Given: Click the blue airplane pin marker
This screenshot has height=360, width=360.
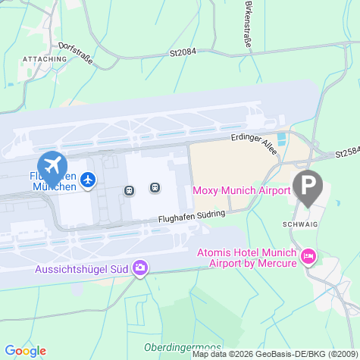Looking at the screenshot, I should point(52,164).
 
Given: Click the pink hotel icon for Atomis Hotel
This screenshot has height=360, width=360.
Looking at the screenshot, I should point(308,257).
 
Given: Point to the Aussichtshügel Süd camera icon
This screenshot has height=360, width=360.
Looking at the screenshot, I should point(140,268).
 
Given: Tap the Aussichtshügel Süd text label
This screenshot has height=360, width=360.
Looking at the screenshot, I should point(82,269).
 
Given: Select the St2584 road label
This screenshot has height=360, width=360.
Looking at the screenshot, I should point(346,153).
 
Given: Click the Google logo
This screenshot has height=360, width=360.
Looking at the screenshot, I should point(25,350).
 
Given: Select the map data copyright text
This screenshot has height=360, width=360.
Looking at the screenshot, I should point(274,354).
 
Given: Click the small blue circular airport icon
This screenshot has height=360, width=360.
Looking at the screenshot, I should point(89,180).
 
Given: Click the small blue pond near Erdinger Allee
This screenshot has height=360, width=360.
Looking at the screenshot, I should point(282,139).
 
